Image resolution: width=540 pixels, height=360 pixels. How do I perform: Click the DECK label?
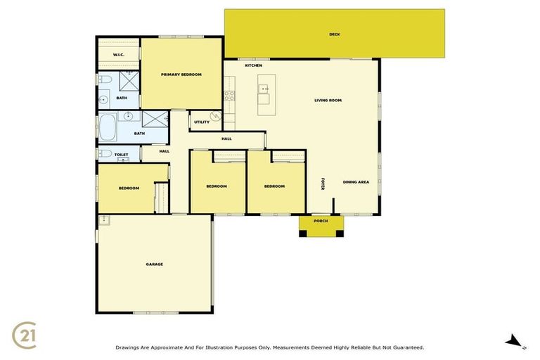(x=335, y=34)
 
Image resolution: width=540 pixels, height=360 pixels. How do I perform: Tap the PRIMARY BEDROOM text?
(x=181, y=75)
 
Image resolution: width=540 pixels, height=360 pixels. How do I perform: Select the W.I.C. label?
(x=118, y=54)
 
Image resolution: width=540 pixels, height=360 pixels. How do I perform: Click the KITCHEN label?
(x=253, y=65)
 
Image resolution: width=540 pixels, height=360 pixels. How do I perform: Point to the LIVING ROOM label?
(x=328, y=101)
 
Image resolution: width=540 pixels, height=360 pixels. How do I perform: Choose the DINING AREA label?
(x=356, y=182)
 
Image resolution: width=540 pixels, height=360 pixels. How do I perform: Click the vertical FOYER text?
(x=323, y=184)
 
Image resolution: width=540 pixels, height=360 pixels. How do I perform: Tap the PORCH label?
(x=321, y=221)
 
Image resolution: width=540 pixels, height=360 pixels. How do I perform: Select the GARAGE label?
(x=155, y=264)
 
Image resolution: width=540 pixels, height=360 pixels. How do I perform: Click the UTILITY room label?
(x=202, y=122)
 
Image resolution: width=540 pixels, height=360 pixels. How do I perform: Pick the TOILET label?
(x=121, y=154)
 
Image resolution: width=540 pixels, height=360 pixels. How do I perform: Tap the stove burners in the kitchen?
(x=229, y=96)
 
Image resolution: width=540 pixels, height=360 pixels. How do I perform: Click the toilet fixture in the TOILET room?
(x=105, y=154)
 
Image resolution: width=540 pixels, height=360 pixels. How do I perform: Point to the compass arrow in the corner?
(x=514, y=341)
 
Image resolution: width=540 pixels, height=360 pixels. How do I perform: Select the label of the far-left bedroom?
(x=129, y=188)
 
